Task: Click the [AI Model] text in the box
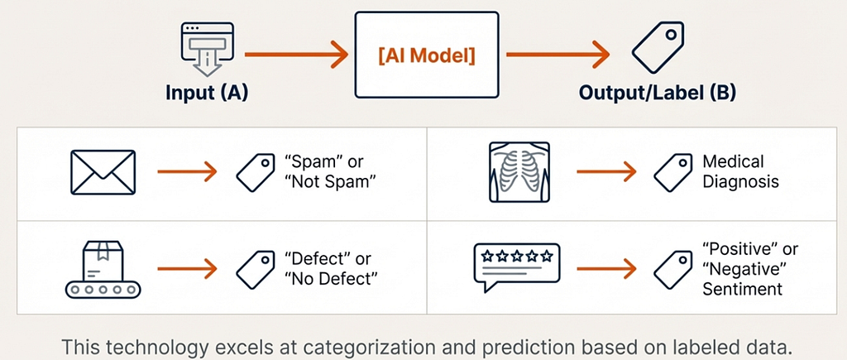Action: pos(427,55)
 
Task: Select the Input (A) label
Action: pos(207,93)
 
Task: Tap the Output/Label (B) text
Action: pos(658,93)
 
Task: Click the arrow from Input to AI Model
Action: pos(296,55)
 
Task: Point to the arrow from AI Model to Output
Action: pos(558,55)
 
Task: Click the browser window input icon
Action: pos(207,49)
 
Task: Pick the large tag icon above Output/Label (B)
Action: pos(658,48)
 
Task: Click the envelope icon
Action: pos(103,172)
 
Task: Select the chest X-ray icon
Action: pos(519,172)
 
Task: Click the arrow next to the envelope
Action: pos(187,172)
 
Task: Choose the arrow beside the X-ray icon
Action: pos(606,172)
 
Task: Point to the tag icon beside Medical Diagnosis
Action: pos(673,172)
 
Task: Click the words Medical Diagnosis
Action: pos(740,171)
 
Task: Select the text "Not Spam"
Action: pos(329,181)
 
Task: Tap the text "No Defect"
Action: pos(331,278)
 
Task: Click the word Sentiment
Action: pos(742,288)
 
